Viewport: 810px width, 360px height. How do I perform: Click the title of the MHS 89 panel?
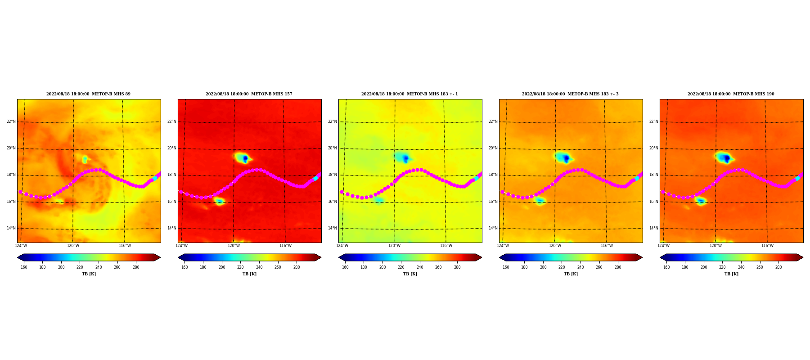(x=88, y=94)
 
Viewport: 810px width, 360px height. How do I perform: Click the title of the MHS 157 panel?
(x=249, y=94)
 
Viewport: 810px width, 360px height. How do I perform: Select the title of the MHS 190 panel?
(x=731, y=94)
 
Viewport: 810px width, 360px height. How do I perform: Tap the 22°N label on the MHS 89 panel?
(x=11, y=121)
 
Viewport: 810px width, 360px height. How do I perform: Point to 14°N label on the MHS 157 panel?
(x=172, y=228)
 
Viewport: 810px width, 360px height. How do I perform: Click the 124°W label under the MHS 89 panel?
(x=21, y=246)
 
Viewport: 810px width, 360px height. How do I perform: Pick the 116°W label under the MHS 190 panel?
(x=767, y=246)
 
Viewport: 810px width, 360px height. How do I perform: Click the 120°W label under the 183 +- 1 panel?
(x=394, y=246)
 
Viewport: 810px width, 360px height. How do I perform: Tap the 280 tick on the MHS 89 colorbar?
(x=136, y=267)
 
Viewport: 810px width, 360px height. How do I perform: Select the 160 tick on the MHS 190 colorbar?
(x=666, y=267)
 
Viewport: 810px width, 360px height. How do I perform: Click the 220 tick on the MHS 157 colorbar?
(x=240, y=267)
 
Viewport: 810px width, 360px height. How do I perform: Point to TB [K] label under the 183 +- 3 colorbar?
(x=571, y=274)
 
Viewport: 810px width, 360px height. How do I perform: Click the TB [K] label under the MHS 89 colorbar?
(x=89, y=274)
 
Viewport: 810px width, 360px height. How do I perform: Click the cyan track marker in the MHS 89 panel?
(x=155, y=179)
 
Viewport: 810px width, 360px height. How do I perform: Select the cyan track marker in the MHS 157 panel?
(x=315, y=179)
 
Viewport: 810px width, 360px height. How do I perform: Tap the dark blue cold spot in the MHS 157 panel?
(x=245, y=158)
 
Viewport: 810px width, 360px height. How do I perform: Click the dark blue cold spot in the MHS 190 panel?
(x=727, y=158)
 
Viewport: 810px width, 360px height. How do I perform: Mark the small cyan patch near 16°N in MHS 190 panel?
(x=700, y=201)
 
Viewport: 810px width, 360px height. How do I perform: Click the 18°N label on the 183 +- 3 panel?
(x=493, y=175)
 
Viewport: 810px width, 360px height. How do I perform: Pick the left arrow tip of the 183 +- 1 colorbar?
(x=339, y=257)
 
